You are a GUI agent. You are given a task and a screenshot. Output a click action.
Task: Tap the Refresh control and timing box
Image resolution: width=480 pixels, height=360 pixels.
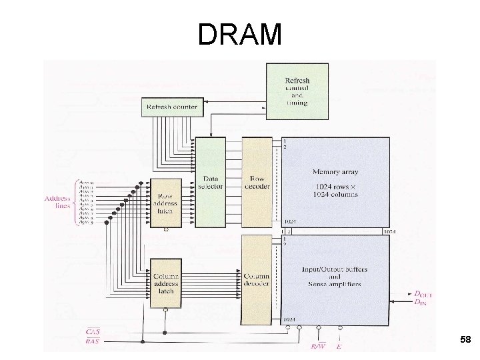click(297, 91)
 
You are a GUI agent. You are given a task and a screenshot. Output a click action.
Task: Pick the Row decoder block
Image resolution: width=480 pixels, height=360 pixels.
click(257, 183)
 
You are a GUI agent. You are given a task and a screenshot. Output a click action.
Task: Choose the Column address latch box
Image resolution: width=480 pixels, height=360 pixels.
click(165, 283)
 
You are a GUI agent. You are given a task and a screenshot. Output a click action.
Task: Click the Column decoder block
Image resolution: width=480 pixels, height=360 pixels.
click(257, 280)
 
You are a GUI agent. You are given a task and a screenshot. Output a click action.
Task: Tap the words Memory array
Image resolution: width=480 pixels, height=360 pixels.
click(335, 172)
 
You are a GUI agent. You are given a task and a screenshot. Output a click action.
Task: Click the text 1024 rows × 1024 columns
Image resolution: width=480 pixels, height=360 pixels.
click(335, 189)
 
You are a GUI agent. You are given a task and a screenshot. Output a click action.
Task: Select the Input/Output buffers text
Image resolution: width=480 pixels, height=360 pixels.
click(335, 269)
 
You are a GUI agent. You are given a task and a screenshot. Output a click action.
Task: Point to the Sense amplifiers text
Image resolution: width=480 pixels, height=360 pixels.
click(335, 284)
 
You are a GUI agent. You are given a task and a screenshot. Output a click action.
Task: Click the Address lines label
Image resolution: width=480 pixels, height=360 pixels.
click(57, 201)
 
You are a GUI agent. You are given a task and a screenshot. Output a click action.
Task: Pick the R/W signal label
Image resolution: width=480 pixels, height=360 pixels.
click(319, 346)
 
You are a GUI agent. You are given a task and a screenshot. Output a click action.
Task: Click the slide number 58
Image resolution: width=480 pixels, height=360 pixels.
click(465, 341)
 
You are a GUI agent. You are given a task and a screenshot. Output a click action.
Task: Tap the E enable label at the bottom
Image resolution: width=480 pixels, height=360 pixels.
click(340, 346)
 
